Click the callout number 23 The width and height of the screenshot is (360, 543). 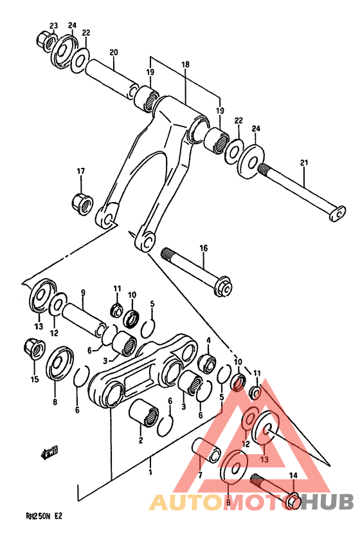[x=54, y=26]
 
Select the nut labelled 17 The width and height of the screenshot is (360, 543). [x=81, y=203]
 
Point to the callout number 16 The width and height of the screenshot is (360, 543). [x=203, y=248]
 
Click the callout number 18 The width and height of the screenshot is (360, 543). [x=186, y=65]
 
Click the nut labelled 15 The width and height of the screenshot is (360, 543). [x=33, y=349]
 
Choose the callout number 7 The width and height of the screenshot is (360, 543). [x=200, y=475]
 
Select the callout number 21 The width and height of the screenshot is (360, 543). [x=304, y=163]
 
